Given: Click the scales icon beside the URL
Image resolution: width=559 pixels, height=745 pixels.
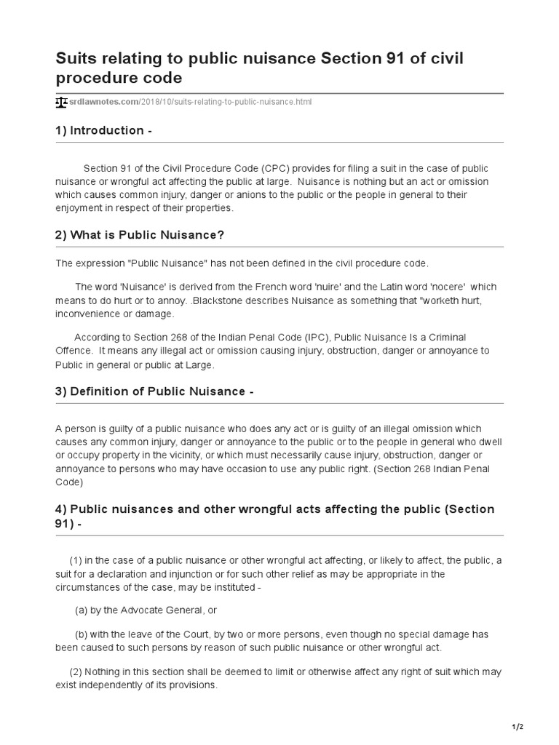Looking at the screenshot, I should (x=61, y=102).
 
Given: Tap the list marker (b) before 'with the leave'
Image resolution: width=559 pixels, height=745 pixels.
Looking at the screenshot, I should (x=82, y=634).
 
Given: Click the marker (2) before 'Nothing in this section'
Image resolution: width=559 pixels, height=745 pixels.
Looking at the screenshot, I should (x=76, y=672).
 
